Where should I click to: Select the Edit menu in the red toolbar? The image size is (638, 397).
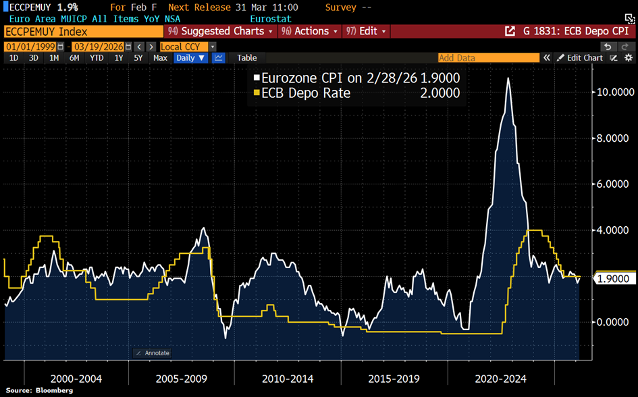click(x=365, y=32)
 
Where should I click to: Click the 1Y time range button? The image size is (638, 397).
click(x=119, y=58)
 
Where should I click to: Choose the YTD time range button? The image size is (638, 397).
click(x=97, y=58)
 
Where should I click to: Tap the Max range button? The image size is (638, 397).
click(x=160, y=58)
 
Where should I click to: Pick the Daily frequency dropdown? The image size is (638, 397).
click(x=191, y=58)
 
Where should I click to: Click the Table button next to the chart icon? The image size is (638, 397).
click(x=247, y=58)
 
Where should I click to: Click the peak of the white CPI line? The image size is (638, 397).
click(x=508, y=78)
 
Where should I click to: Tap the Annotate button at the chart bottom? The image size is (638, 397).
click(x=152, y=353)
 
